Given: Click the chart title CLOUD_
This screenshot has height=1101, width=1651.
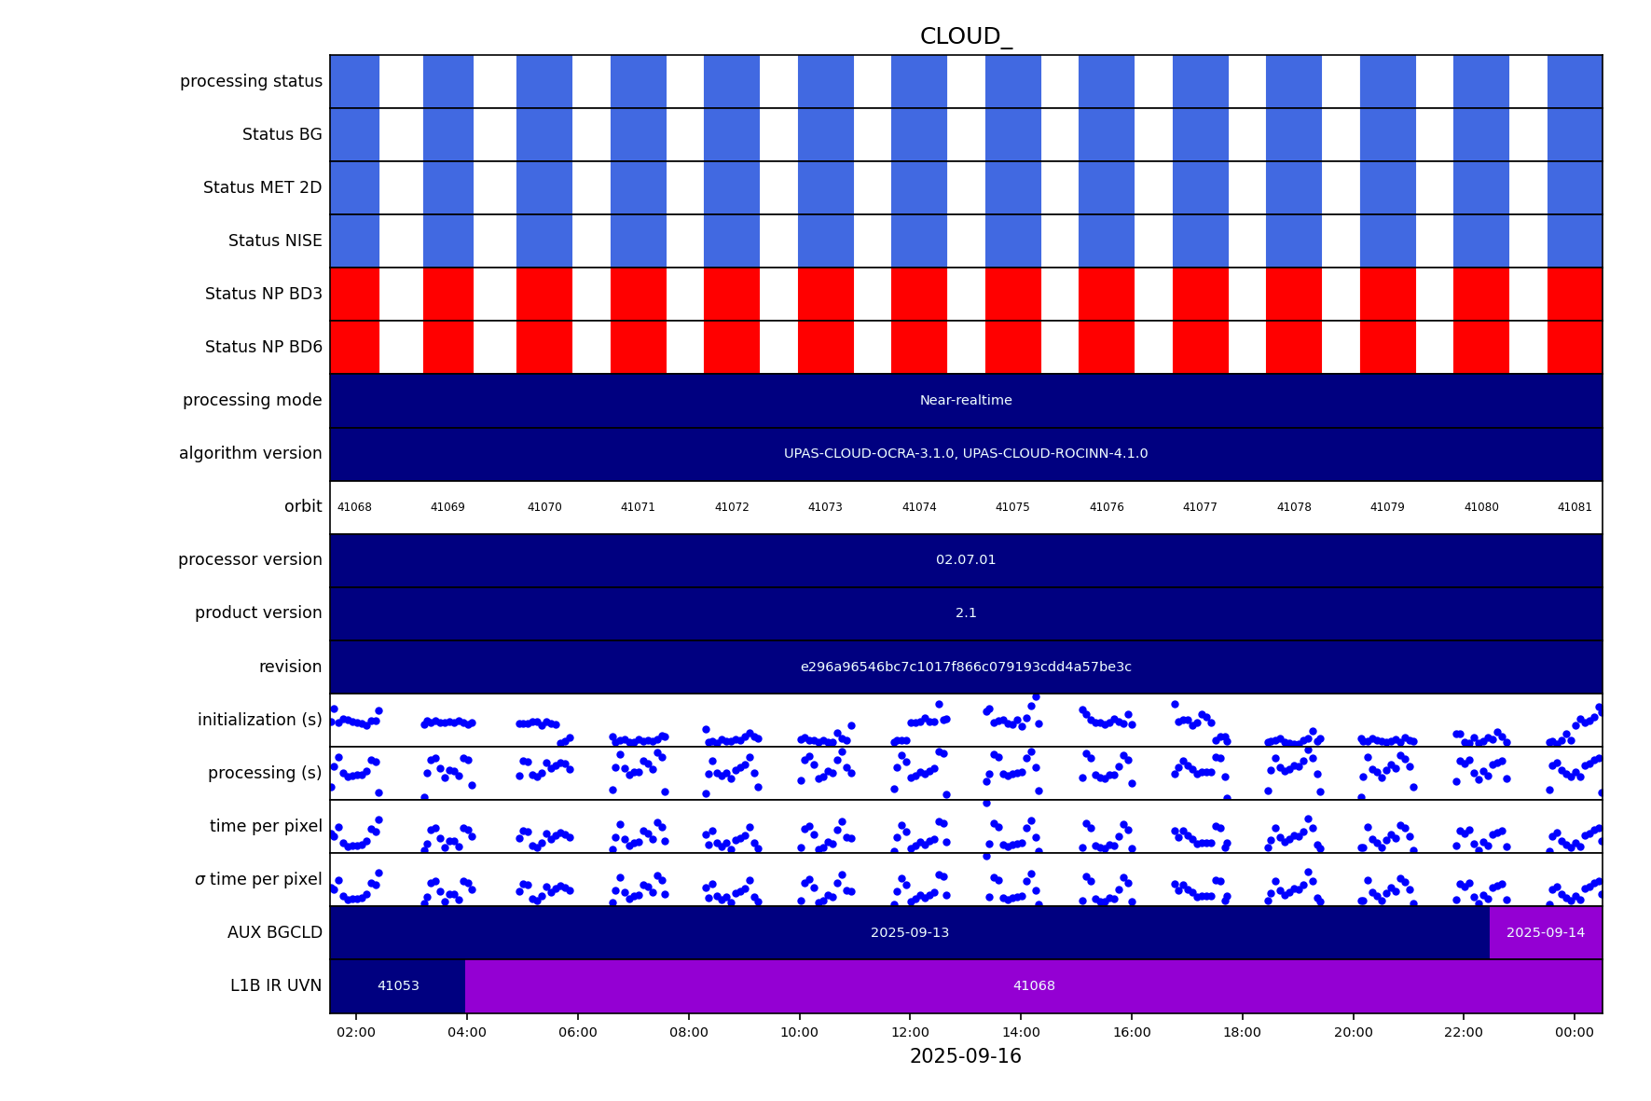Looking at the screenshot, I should pyautogui.click(x=965, y=36).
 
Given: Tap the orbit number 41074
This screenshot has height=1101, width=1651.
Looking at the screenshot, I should pyautogui.click(x=918, y=507).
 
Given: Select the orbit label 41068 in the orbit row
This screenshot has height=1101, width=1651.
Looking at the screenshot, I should pyautogui.click(x=354, y=507).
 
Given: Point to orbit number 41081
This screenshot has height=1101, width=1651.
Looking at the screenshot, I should pyautogui.click(x=1574, y=507).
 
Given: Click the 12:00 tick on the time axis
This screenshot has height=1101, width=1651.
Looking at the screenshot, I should pyautogui.click(x=910, y=1032).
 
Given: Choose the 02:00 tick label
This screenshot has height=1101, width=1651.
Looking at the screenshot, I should pyautogui.click(x=356, y=1032).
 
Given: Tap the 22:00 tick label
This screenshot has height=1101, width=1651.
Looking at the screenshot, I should pyautogui.click(x=1464, y=1032).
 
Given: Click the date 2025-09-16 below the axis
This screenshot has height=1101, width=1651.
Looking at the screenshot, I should pyautogui.click(x=965, y=1056).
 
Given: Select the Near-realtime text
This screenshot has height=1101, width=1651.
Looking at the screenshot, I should pyautogui.click(x=965, y=401).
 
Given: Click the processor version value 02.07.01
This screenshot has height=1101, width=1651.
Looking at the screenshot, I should pyautogui.click(x=965, y=560).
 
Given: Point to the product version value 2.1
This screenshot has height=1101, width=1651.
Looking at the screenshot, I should pyautogui.click(x=965, y=613).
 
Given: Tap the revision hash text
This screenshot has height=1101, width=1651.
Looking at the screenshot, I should pyautogui.click(x=965, y=667).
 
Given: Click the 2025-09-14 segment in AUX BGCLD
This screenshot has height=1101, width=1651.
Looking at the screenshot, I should pyautogui.click(x=1545, y=932).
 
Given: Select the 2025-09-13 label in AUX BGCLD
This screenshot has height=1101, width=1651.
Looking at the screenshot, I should pyautogui.click(x=909, y=932).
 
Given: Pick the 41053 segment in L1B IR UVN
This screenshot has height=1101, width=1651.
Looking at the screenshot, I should pyautogui.click(x=398, y=985).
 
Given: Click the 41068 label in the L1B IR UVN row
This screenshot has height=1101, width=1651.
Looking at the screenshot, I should pyautogui.click(x=1033, y=985).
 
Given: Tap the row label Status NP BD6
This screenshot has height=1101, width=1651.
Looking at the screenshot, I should pyautogui.click(x=263, y=347).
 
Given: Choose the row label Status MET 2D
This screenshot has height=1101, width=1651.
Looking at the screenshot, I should pyautogui.click(x=262, y=187).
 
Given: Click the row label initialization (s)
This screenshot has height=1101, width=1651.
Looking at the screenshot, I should pyautogui.click(x=259, y=720).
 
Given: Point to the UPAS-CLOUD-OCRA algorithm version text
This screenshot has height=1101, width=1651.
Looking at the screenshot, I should pyautogui.click(x=965, y=454).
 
